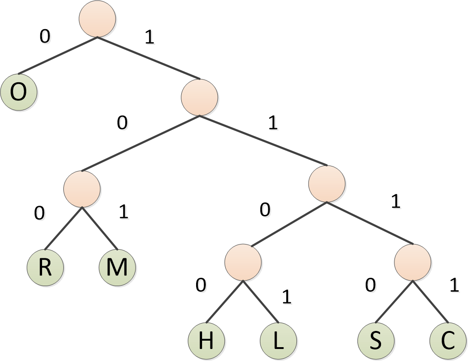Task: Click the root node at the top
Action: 97,19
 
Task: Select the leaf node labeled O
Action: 19,92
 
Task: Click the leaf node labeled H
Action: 206,341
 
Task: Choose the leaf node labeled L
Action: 278,341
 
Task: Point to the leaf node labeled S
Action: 376,341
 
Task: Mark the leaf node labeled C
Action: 448,341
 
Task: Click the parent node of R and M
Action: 82,189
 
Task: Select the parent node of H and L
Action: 243,262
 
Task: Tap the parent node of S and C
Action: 413,262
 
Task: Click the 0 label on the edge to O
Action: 44,37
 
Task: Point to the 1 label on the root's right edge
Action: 149,38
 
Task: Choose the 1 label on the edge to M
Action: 123,212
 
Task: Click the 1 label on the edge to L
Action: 287,297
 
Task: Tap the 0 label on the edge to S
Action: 370,286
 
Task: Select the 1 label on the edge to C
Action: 454,286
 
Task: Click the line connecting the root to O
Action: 58,55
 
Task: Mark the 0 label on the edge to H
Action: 200,286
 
